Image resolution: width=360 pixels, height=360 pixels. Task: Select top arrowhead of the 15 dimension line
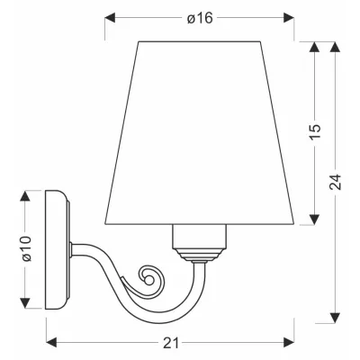pyautogui.click(x=314, y=47)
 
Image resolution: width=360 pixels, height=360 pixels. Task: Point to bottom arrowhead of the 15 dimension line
pyautogui.click(x=314, y=219)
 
